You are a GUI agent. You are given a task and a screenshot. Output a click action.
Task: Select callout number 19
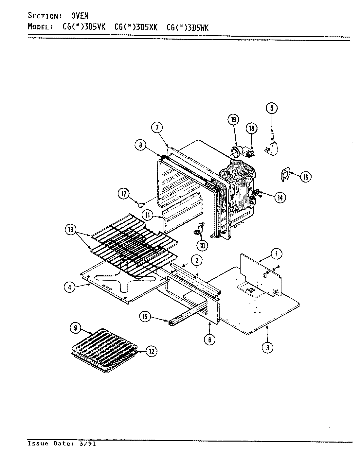[233, 120]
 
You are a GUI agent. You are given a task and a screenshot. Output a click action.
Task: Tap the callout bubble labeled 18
[251, 128]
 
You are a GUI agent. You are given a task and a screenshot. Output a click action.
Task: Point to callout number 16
[305, 177]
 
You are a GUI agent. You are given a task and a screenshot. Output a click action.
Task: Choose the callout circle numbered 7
[157, 127]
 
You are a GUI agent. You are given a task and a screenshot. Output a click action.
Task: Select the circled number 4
[69, 287]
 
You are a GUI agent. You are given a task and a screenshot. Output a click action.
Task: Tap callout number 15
[145, 316]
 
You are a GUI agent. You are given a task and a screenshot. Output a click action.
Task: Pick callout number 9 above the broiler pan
[76, 328]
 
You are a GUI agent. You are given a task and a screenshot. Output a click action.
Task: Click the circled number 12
[151, 351]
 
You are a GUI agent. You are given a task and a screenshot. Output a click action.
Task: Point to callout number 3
[267, 348]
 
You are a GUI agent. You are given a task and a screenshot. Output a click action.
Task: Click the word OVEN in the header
[80, 16]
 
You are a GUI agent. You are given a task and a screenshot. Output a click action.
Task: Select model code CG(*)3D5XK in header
[136, 27]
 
